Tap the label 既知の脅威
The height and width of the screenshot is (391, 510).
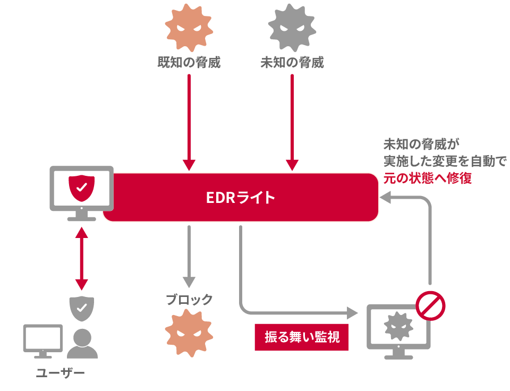189,63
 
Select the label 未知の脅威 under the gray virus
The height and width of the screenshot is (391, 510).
292,63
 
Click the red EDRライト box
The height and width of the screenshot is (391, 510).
241,197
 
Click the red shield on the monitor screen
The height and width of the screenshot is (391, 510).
81,186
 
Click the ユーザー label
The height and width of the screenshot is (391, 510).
60,372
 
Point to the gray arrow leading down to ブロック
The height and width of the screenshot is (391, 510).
188,255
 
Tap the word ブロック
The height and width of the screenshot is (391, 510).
189,300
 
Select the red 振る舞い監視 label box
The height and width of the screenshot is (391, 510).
302,337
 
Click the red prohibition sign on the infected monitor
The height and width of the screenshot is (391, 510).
430,307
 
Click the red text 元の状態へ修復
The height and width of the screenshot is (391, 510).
428,178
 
